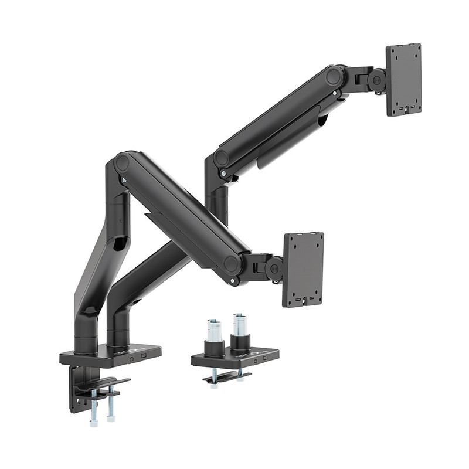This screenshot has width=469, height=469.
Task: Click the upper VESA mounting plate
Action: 403,80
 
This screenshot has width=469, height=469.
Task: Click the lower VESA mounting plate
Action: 303,269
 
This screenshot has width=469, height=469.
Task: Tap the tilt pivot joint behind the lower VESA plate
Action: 274,269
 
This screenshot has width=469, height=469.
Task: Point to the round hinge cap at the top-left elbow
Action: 122,163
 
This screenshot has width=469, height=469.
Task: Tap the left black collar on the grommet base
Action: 214,348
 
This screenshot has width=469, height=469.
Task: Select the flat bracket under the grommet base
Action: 226,378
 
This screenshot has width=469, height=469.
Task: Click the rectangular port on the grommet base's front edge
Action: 264,357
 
